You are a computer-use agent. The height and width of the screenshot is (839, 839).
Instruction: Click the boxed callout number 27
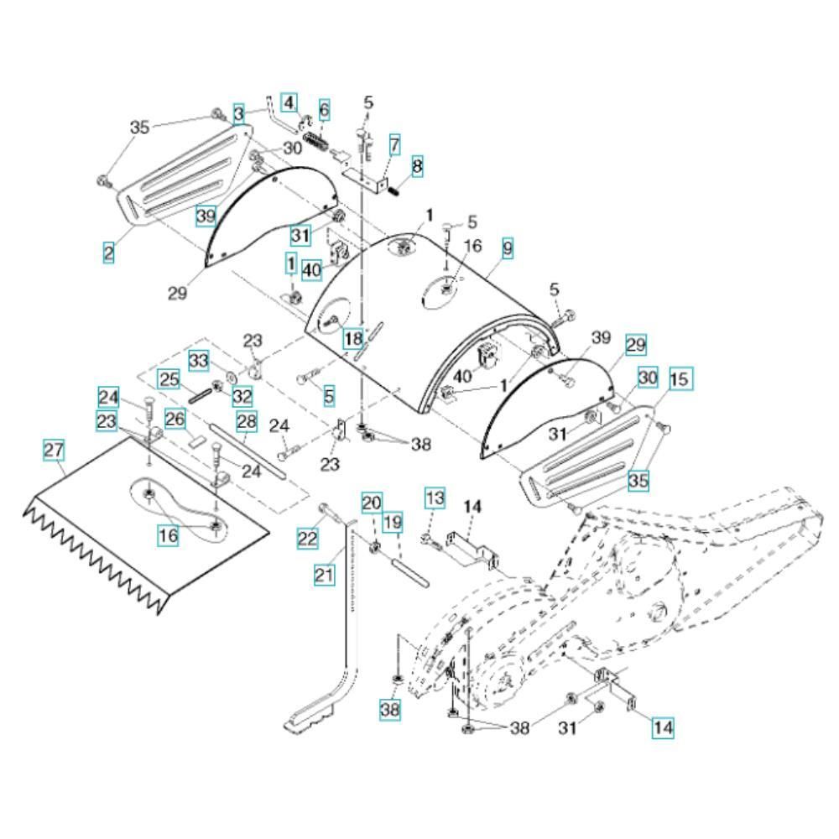(54, 451)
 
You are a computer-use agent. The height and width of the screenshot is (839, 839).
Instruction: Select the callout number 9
(507, 248)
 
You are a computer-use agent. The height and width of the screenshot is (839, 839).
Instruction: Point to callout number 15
(680, 379)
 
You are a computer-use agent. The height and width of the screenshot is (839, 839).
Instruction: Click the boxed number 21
(324, 574)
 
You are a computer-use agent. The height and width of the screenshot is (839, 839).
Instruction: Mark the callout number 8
(417, 167)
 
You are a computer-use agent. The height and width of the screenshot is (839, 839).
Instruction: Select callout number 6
(324, 109)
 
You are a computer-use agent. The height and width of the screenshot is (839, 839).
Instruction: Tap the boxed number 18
(353, 338)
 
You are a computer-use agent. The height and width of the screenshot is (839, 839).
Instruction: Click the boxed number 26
(174, 417)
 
